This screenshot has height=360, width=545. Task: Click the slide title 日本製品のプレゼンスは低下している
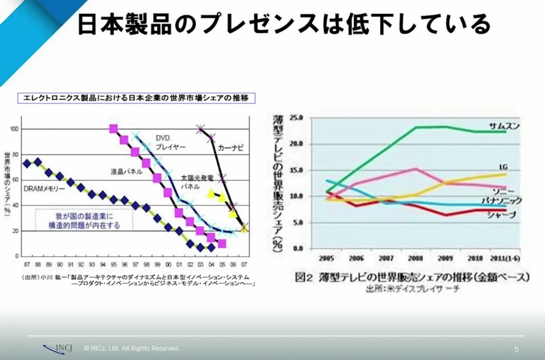coord(285,24)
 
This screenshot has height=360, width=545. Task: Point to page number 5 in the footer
coord(517,349)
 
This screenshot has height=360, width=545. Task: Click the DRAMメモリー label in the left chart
coord(44,189)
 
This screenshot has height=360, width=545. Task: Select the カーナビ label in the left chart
coord(231,147)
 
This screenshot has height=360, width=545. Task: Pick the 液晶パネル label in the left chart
coord(126,171)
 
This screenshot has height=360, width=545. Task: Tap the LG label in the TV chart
coord(503,166)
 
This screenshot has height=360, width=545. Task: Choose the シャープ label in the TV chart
coord(503,215)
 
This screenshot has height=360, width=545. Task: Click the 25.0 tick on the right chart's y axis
coord(295,117)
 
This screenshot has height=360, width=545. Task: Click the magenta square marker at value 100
coord(113,128)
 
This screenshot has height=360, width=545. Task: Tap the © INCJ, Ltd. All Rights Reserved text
coord(132,349)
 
